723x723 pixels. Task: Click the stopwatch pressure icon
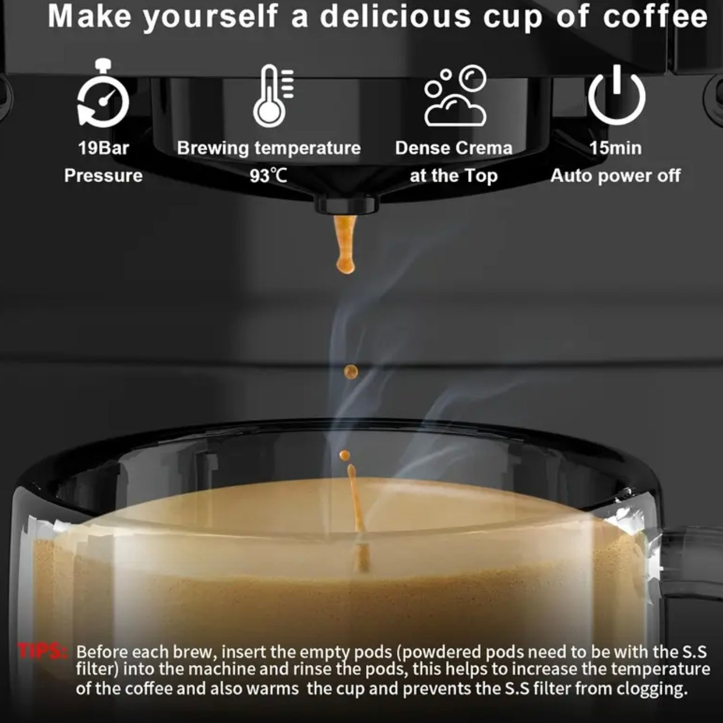[103, 96]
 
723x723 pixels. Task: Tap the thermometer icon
[272, 96]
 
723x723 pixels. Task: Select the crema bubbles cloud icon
[455, 96]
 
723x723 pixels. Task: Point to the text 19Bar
[104, 149]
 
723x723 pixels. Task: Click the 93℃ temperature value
[268, 176]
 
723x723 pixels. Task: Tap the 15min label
[615, 149]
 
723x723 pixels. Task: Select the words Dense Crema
[453, 149]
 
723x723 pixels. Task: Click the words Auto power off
[615, 176]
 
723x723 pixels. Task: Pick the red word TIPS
[43, 651]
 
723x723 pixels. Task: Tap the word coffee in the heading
[655, 17]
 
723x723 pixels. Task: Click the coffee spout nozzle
[345, 204]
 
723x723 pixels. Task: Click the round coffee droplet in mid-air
[351, 371]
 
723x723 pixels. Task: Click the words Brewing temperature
[268, 149]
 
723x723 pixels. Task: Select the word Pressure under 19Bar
[104, 176]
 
